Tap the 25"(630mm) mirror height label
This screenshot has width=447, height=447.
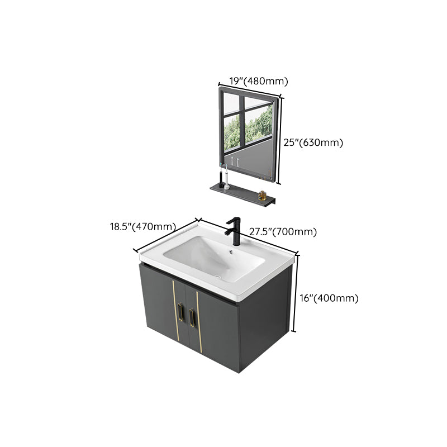point(313,142)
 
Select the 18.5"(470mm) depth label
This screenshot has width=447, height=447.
point(143,227)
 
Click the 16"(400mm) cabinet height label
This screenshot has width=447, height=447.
point(329,298)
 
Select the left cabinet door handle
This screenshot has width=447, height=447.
point(180,313)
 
